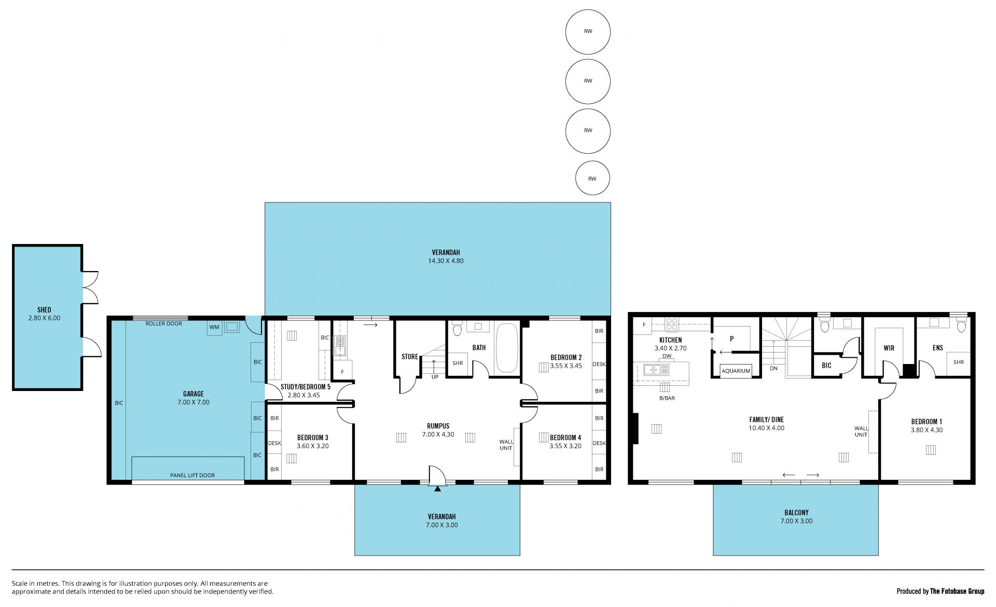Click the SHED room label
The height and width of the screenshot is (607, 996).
[x=45, y=310]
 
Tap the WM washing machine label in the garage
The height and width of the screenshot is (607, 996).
[x=214, y=327]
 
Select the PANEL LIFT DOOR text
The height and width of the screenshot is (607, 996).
[x=192, y=475]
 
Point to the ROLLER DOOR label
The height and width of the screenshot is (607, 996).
[x=164, y=323]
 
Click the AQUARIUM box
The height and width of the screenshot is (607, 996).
[x=736, y=371]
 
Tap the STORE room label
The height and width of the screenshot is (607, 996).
[x=410, y=357]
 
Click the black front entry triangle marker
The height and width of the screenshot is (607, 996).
[x=438, y=489]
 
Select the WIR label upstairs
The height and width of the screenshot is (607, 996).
[x=889, y=348]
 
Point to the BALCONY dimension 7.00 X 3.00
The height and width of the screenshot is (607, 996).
[x=796, y=521]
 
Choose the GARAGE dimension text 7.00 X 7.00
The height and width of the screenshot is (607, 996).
[x=193, y=402]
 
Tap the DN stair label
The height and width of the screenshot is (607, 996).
[x=774, y=368]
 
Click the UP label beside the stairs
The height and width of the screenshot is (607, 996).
[x=435, y=376]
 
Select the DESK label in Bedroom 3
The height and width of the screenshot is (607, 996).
[x=274, y=443]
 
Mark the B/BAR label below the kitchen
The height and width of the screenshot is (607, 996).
[x=667, y=398]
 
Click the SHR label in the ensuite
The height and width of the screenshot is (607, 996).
[x=958, y=362]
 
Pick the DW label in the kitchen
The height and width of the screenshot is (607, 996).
[x=667, y=356]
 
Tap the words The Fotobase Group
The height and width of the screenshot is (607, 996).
[x=957, y=591]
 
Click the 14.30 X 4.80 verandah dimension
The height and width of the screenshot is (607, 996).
[x=446, y=261]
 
